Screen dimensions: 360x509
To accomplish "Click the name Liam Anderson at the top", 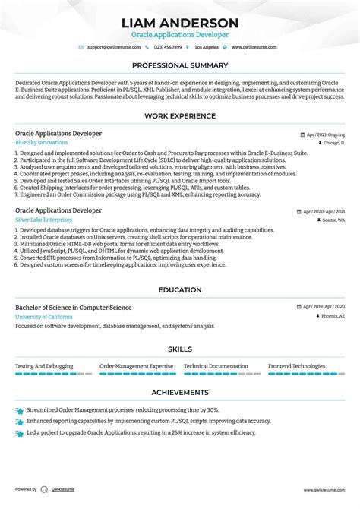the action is coord(180,23).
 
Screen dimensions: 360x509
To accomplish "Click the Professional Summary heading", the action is coord(180,66).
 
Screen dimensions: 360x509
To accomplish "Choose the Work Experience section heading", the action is coord(180,116).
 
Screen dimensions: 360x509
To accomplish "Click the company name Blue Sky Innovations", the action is coord(41,142).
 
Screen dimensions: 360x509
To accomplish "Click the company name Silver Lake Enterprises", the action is coord(43,220).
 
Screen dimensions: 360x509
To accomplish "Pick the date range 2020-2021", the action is coord(328,210).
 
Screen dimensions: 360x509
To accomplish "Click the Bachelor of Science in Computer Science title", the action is coord(73,308).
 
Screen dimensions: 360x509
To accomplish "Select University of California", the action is coord(43,316).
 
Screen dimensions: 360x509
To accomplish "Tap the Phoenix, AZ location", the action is coord(330,316).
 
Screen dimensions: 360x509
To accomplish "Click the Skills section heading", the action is coord(180,349).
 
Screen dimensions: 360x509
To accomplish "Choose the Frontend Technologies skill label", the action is coord(297,366).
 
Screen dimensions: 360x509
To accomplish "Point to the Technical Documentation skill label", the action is coord(216,366).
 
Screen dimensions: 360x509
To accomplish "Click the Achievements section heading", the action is coord(180,393).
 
